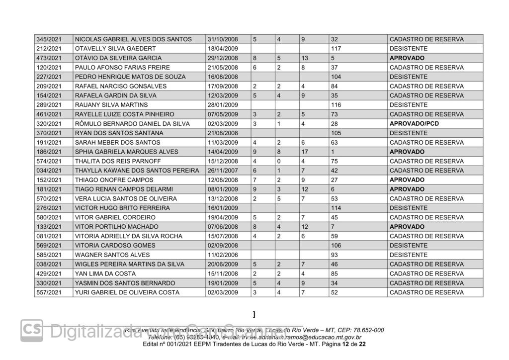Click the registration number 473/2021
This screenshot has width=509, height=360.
(49, 58)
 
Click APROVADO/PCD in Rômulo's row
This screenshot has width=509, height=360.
(414, 124)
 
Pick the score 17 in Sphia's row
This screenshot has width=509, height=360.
(305, 152)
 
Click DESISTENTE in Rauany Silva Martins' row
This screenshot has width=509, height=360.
(408, 105)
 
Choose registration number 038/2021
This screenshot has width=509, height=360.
(49, 264)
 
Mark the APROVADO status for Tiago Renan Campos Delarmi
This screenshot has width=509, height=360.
(407, 189)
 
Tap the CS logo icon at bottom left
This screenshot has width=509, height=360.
(31, 330)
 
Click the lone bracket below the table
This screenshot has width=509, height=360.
(254, 315)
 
